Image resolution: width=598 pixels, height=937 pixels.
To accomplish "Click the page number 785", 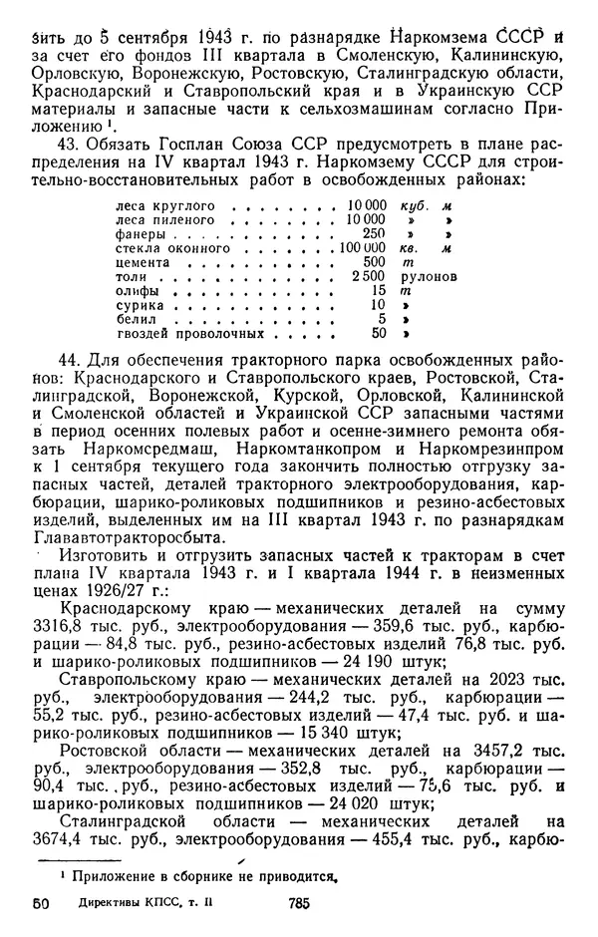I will [x=294, y=903].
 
